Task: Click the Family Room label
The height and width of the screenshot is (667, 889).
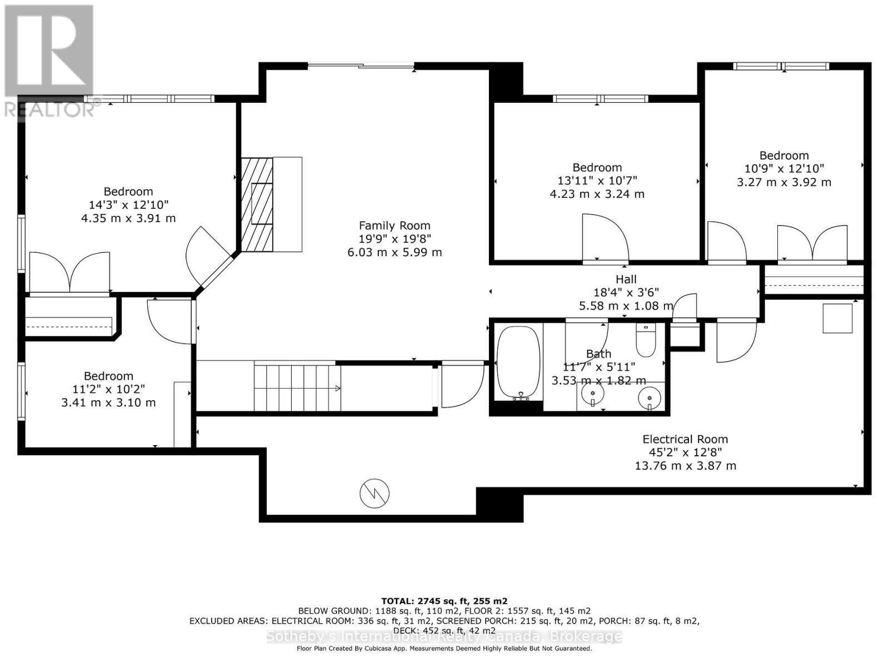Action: pyautogui.click(x=394, y=226)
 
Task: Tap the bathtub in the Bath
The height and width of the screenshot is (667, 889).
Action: pyautogui.click(x=518, y=362)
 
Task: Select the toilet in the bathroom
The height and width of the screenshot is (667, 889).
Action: pyautogui.click(x=646, y=341)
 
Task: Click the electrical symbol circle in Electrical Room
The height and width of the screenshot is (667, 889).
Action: pyautogui.click(x=374, y=494)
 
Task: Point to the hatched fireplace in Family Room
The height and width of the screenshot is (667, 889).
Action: pyautogui.click(x=257, y=205)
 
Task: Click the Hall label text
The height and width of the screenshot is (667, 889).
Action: pyautogui.click(x=626, y=279)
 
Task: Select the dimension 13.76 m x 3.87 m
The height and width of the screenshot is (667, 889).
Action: pyautogui.click(x=685, y=466)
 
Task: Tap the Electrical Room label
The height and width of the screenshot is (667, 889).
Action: pyautogui.click(x=685, y=439)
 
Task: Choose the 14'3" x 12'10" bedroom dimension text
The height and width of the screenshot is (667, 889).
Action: pyautogui.click(x=128, y=205)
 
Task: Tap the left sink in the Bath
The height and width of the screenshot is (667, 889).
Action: pyautogui.click(x=592, y=393)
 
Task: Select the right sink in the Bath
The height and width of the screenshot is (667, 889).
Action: pyautogui.click(x=649, y=397)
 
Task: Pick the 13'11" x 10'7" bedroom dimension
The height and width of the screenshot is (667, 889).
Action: pyautogui.click(x=597, y=181)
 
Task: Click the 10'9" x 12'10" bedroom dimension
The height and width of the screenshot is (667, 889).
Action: pyautogui.click(x=784, y=168)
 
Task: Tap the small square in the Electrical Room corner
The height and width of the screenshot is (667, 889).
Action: pyautogui.click(x=837, y=318)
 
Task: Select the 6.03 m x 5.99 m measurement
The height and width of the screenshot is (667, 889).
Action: pyautogui.click(x=394, y=252)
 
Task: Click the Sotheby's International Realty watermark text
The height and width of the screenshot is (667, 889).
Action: pyautogui.click(x=444, y=636)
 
